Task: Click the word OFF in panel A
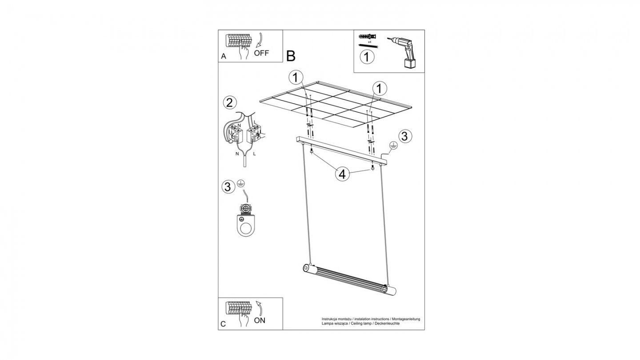(261, 53)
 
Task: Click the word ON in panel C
(260, 320)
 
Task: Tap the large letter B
(291, 56)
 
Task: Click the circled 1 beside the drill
(367, 57)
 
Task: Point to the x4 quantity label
(369, 42)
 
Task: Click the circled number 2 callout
(229, 103)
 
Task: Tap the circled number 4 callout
(342, 174)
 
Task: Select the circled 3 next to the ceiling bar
(404, 136)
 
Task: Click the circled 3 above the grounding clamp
(228, 187)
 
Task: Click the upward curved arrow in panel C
(260, 308)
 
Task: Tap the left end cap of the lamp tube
(306, 268)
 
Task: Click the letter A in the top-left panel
(224, 56)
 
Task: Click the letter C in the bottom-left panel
(223, 324)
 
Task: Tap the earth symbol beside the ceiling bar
(393, 146)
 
